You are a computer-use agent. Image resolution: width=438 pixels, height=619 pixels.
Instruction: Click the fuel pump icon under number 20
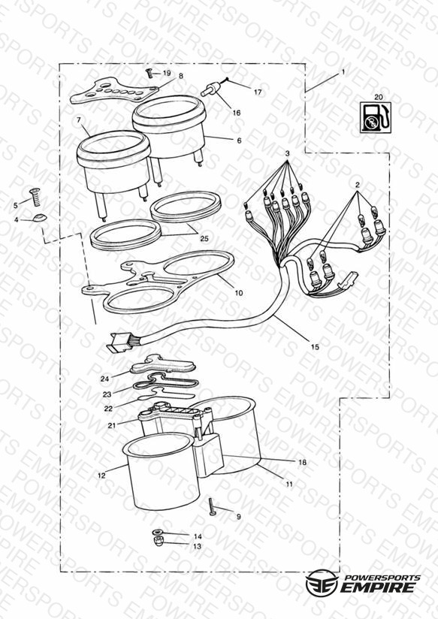tap(376, 117)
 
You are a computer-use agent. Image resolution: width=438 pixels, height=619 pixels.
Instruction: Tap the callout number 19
tap(167, 73)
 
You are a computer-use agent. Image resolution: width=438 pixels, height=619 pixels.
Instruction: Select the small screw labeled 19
tap(150, 73)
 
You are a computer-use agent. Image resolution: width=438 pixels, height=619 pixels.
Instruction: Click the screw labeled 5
tap(35, 197)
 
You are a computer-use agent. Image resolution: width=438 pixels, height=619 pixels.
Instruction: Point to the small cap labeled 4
tap(40, 218)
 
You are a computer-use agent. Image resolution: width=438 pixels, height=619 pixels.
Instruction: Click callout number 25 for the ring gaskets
tap(204, 238)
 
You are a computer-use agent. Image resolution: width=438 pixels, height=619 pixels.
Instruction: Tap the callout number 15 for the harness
tap(315, 347)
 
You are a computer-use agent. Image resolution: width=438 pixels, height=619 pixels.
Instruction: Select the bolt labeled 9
tap(212, 506)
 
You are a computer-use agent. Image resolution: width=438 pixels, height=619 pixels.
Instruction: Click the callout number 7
tap(79, 119)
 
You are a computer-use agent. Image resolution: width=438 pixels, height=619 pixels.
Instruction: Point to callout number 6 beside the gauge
tap(239, 140)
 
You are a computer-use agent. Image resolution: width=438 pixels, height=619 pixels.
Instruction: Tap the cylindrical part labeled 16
tap(210, 89)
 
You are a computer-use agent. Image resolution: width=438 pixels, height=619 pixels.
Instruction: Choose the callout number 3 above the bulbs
tap(288, 153)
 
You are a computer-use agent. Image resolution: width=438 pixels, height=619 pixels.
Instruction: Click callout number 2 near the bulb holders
tap(358, 184)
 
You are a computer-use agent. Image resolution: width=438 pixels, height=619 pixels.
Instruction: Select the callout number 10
tap(239, 293)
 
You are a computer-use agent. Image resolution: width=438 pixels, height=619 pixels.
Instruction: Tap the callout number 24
tap(104, 379)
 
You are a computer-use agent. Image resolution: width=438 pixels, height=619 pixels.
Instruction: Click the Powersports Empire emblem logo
tap(322, 582)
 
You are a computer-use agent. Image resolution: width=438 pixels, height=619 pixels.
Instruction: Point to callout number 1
tap(343, 72)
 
